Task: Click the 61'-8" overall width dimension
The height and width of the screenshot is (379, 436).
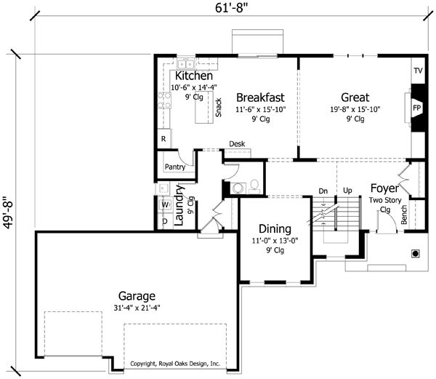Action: click(231, 8)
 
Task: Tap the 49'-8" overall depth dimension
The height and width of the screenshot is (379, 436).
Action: click(9, 213)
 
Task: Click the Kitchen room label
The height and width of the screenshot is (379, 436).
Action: click(194, 76)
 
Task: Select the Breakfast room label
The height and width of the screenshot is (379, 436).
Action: click(260, 97)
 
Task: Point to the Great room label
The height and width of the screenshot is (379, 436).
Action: click(355, 97)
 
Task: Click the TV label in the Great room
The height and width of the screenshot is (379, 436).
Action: click(418, 71)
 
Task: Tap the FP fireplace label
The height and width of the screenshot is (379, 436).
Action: click(416, 108)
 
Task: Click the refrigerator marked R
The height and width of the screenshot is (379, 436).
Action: click(163, 138)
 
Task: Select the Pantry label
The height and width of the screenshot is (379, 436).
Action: click(175, 167)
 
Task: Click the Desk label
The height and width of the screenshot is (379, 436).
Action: click(237, 144)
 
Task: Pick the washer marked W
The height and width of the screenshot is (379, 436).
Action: click(165, 205)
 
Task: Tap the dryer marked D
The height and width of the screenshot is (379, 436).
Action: click(165, 221)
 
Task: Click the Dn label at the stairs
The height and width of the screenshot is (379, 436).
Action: click(323, 191)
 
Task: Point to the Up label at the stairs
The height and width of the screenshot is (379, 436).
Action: click(347, 191)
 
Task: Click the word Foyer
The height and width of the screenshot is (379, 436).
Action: click(384, 188)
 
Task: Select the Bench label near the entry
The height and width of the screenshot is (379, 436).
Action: click(404, 215)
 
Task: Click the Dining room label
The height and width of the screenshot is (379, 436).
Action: click(275, 229)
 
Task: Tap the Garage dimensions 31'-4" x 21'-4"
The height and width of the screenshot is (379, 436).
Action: click(137, 308)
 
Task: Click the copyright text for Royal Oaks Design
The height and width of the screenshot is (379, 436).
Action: click(175, 364)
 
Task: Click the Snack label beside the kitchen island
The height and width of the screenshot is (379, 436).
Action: click(219, 108)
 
